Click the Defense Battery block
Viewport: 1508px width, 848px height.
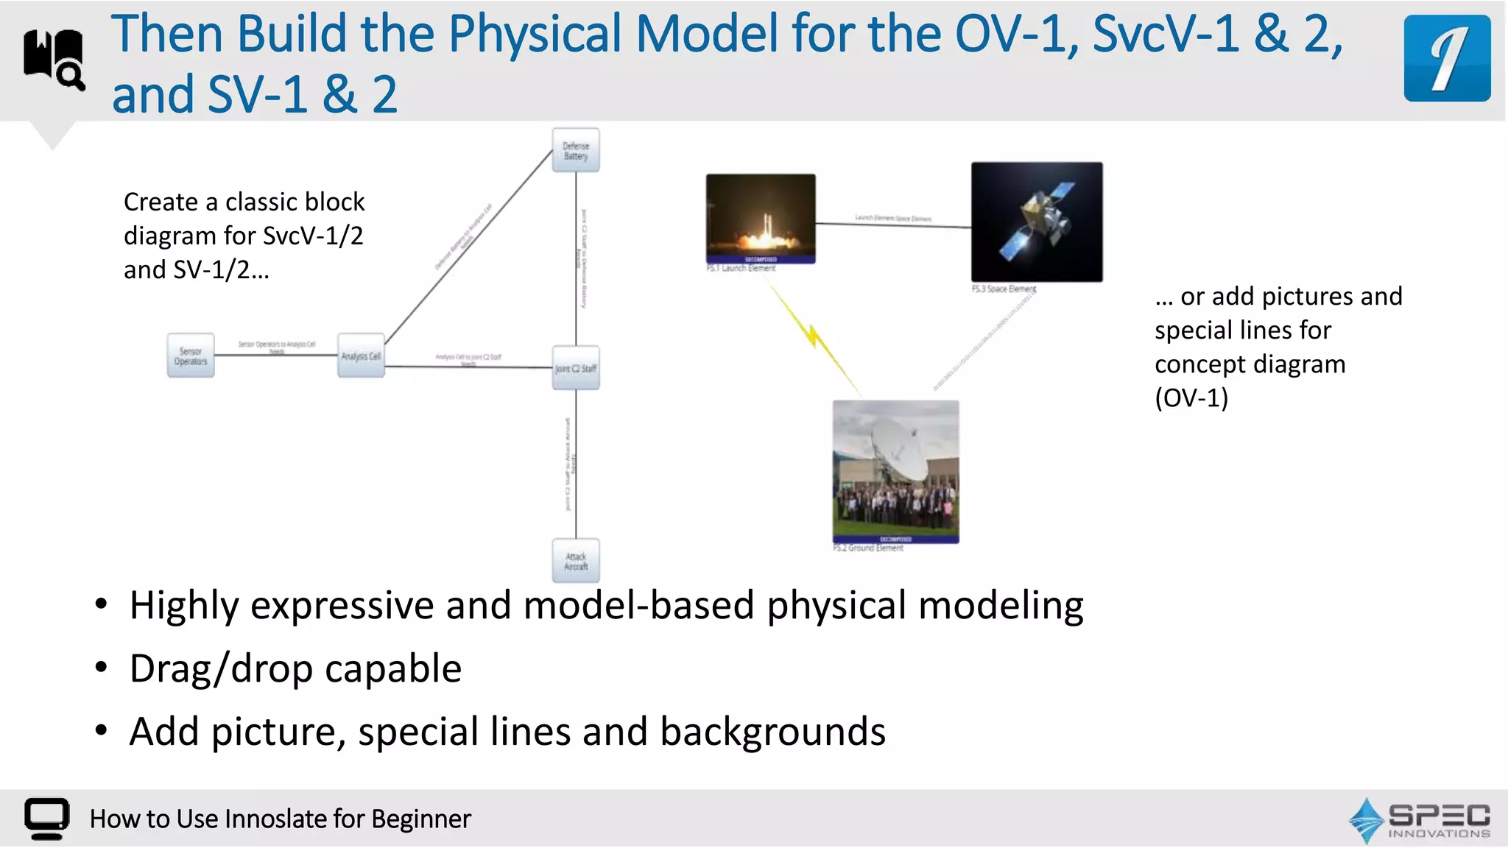576,150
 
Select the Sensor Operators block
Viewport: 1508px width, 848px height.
191,356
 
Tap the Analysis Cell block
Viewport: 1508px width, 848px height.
361,356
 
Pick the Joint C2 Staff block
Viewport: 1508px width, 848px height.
576,368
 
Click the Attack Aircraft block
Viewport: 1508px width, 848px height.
576,561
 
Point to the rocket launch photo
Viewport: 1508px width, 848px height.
761,218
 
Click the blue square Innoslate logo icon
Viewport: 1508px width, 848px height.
1446,58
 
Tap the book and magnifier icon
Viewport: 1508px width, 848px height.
54,60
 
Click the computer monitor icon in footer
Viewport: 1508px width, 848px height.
47,818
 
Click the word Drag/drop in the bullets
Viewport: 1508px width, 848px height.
221,668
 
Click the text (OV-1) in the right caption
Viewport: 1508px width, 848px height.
1191,398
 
